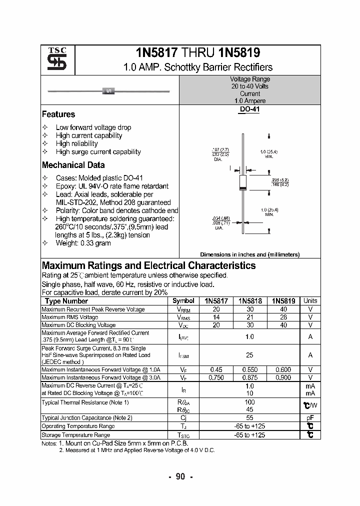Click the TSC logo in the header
click(53, 59)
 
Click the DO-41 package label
click(249, 109)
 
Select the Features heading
click(58, 114)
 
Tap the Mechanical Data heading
click(73, 165)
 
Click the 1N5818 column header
click(249, 301)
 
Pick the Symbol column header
click(183, 301)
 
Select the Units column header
click(310, 301)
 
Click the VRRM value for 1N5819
click(283, 309)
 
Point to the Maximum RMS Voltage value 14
click(216, 317)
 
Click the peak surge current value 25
click(249, 355)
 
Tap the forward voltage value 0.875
click(249, 378)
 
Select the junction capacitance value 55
click(249, 417)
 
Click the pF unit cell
click(310, 417)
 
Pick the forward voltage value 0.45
click(216, 370)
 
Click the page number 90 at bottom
click(180, 476)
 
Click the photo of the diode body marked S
click(108, 91)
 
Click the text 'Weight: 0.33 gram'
click(83, 243)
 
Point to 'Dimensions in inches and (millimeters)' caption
click(249, 254)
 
